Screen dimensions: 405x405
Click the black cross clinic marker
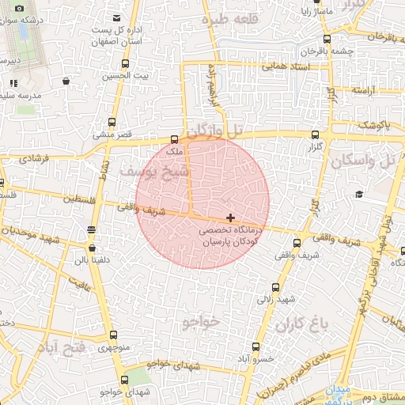tap(230, 217)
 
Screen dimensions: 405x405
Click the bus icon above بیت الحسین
tap(126, 64)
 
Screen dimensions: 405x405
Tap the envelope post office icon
tap(117, 17)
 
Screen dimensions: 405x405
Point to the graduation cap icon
tap(358, 194)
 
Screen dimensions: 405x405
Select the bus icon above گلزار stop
tap(316, 135)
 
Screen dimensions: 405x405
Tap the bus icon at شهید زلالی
tap(276, 287)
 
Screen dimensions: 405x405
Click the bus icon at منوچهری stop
tap(112, 335)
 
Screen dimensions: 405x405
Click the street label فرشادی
tap(32, 158)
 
